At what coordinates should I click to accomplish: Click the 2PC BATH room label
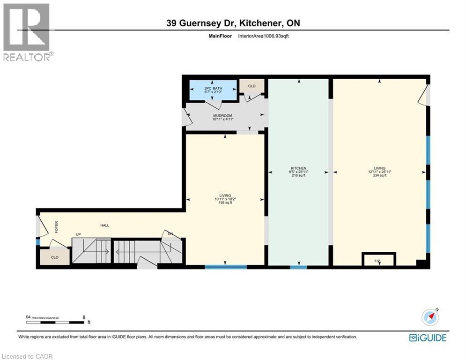click(213, 88)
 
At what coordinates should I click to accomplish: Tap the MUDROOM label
click(222, 116)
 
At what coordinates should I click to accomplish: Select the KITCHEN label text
click(298, 168)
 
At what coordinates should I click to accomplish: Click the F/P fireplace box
click(379, 259)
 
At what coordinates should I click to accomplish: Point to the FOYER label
click(56, 227)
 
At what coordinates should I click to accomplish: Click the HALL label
click(104, 225)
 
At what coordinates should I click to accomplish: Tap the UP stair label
click(79, 234)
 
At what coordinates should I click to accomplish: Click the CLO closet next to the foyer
click(54, 257)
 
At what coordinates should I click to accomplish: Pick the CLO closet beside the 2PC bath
click(251, 86)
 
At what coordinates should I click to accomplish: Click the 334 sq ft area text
click(379, 176)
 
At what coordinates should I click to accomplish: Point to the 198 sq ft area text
click(225, 203)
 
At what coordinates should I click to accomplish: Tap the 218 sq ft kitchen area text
click(298, 176)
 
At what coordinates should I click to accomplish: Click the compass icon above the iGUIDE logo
click(430, 317)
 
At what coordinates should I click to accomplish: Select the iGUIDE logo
click(427, 337)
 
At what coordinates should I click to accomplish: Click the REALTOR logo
click(27, 32)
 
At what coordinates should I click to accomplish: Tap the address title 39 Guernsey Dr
click(233, 23)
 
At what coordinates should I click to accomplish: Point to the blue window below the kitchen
click(298, 267)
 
